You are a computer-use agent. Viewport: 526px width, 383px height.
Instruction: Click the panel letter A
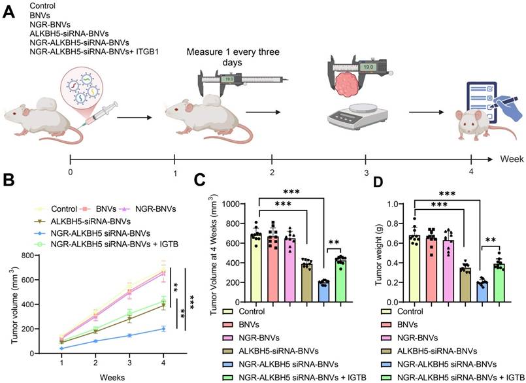(9, 12)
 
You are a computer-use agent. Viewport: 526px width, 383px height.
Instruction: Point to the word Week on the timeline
(512, 158)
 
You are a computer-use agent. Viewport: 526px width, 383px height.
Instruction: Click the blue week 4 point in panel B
(163, 329)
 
